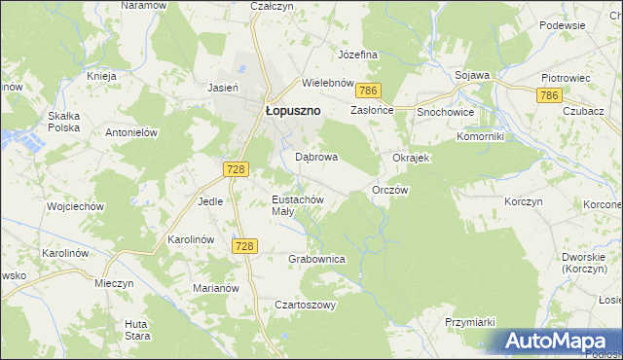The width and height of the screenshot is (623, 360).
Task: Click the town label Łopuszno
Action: [293, 111]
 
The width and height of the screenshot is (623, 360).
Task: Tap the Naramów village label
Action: [140, 6]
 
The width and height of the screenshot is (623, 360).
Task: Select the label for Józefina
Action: [357, 54]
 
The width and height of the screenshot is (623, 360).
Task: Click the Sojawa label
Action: [472, 75]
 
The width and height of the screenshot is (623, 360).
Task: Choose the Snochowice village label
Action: [446, 113]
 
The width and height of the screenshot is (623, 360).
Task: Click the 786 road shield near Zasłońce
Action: [367, 90]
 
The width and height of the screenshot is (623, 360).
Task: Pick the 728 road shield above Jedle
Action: [234, 169]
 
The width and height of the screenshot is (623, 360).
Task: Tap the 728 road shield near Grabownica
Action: [244, 246]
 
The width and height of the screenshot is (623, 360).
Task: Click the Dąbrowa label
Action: [316, 157]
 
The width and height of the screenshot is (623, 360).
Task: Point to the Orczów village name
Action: [390, 191]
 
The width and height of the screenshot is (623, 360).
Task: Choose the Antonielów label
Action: [131, 132]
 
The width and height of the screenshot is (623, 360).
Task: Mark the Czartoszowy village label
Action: [305, 305]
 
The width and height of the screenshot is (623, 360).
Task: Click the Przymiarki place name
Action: [470, 322]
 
